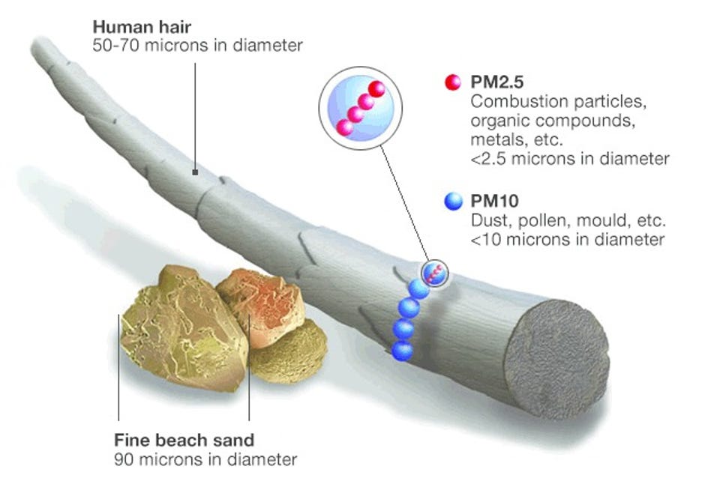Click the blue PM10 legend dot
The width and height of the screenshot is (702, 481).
click(452, 202)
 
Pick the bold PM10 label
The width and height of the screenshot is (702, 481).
click(493, 202)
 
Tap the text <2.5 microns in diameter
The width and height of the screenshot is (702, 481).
click(569, 159)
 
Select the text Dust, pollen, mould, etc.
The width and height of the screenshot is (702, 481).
click(568, 222)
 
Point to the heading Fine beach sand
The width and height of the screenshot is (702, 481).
click(184, 439)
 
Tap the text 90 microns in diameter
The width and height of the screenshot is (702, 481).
click(205, 458)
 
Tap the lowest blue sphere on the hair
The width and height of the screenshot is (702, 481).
click(403, 349)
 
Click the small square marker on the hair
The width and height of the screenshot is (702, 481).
click(194, 172)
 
